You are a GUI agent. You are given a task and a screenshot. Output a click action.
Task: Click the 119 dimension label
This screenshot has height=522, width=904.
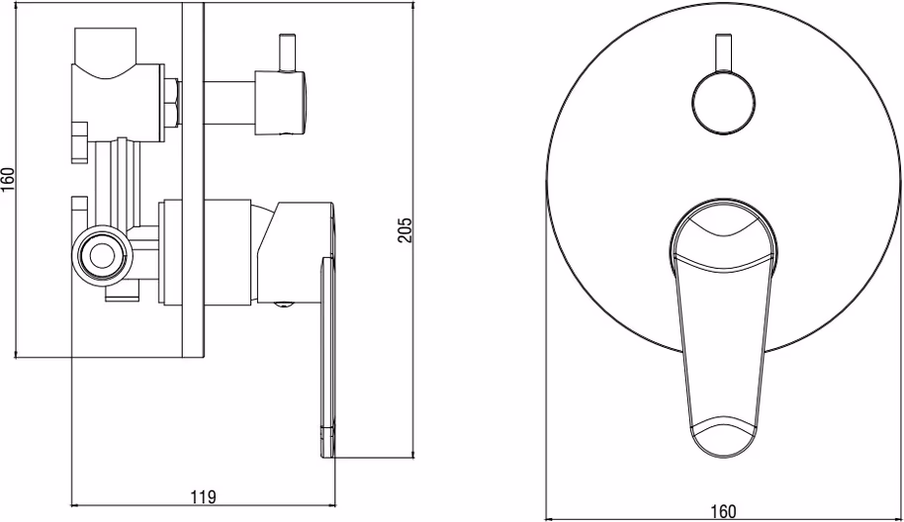[203, 496]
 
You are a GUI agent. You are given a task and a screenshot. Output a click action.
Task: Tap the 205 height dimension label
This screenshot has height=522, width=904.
[406, 230]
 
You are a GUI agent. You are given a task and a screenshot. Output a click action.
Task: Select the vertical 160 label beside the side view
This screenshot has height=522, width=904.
[8, 181]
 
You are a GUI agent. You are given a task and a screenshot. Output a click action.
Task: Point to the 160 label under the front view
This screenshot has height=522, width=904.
[723, 510]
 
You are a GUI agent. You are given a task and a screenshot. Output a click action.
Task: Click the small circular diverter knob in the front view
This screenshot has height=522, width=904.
[723, 104]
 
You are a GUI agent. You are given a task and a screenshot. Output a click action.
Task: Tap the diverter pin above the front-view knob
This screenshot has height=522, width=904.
[723, 53]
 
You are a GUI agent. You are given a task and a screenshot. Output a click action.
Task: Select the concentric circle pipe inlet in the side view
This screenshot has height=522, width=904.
[102, 256]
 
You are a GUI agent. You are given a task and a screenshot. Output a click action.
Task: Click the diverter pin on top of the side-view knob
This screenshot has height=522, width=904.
[287, 53]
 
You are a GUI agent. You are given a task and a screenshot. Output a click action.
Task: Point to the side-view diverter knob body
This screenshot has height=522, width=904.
[280, 104]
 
